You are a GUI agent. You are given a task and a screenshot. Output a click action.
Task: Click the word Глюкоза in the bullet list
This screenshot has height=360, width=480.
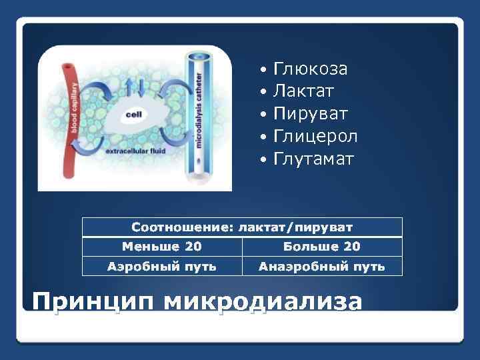310,69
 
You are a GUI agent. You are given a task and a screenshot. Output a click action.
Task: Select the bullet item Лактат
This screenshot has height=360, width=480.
303,91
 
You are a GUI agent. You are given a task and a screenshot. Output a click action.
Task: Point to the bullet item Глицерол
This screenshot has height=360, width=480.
315,137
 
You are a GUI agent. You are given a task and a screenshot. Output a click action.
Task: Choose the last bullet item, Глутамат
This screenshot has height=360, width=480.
314,159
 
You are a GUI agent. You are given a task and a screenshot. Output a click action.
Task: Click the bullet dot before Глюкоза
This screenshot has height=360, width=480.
265,70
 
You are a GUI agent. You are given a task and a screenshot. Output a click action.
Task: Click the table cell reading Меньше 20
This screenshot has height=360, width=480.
161,247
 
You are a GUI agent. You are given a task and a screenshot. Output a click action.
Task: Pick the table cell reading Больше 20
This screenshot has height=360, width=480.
322,247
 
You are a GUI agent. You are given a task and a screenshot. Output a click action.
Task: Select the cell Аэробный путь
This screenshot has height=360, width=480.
161,267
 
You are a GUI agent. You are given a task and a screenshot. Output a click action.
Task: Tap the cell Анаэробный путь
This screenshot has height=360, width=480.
322,267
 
